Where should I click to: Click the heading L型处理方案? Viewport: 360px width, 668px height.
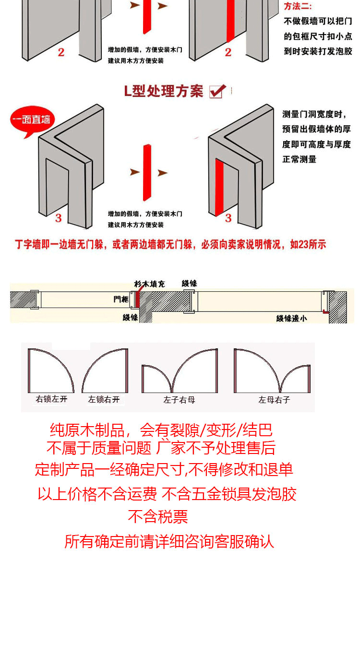(x=164, y=91)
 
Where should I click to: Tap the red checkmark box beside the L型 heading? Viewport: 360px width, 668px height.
(x=218, y=91)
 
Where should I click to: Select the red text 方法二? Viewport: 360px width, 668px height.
(x=298, y=6)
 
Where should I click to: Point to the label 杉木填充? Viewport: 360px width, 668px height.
(x=149, y=284)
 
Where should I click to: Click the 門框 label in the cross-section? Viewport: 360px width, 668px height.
(x=121, y=299)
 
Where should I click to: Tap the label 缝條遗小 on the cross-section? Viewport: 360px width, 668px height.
(x=291, y=318)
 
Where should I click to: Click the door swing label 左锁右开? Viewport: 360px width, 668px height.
(x=104, y=399)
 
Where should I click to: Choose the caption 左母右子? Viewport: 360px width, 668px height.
(x=274, y=400)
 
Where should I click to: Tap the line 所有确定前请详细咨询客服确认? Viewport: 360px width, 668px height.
(x=169, y=542)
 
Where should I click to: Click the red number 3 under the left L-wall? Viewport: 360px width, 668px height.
(x=59, y=218)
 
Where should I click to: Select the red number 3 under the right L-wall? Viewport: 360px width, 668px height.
(x=228, y=218)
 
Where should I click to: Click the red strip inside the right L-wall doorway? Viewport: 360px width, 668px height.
(x=219, y=187)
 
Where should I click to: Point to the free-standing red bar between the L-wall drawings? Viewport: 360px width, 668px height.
(x=147, y=173)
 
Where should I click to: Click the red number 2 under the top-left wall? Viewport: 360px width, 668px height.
(x=61, y=52)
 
